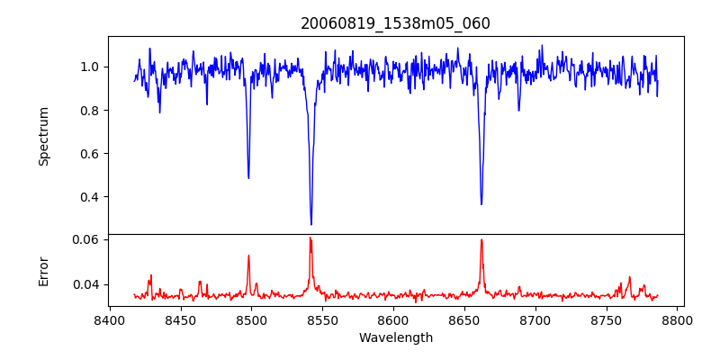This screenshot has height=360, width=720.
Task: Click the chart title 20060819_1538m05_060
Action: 395,23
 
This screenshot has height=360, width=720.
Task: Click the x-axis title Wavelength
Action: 395,337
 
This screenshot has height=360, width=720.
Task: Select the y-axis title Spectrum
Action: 43,136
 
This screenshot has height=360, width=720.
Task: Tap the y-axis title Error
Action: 43,271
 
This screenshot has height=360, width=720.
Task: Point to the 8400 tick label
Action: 109,319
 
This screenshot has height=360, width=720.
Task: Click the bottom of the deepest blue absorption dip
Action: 311,224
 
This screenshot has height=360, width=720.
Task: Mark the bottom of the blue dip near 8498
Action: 248,177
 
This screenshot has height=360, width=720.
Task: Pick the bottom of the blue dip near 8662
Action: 481,204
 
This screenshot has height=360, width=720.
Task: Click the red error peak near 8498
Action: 248,256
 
